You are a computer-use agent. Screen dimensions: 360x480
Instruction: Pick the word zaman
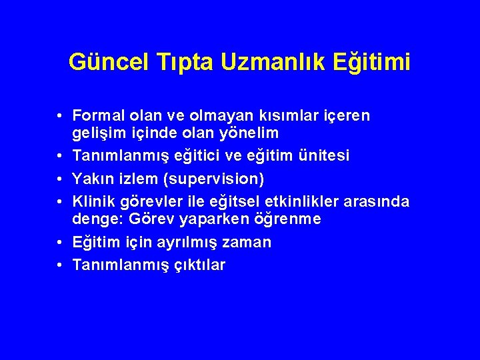click(249, 243)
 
